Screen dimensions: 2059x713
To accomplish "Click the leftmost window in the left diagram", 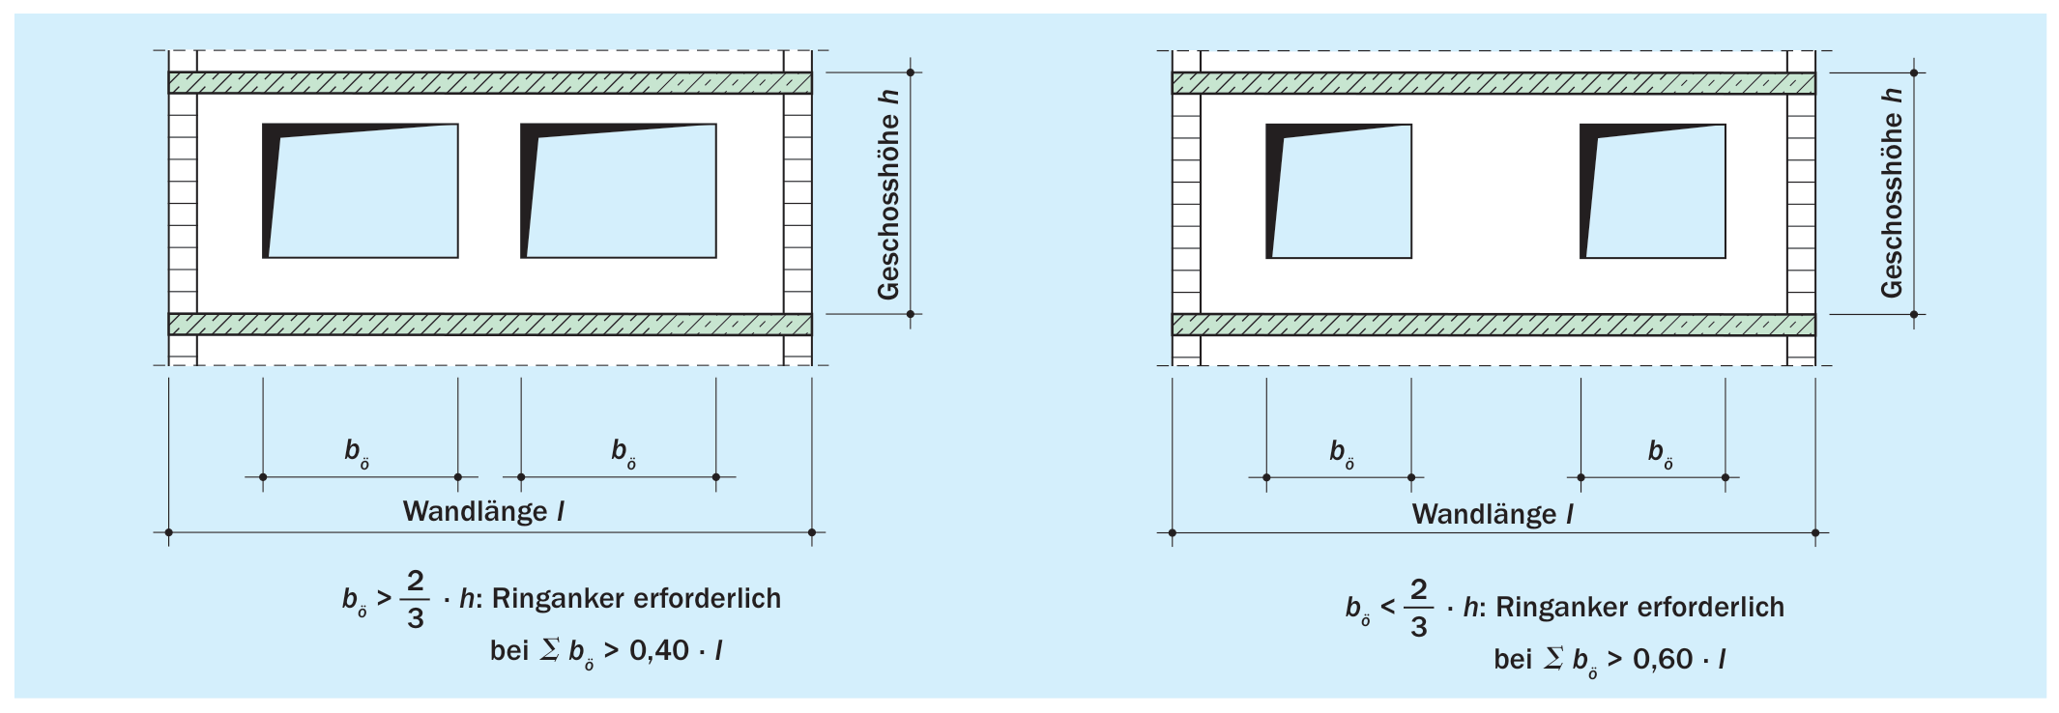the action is pyautogui.click(x=361, y=190).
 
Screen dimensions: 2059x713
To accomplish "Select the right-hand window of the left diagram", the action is pyautogui.click(x=619, y=190).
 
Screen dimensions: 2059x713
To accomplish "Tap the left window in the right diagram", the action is pyautogui.click(x=1339, y=191).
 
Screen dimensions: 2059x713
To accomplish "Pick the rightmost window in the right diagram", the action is pyautogui.click(x=1653, y=191).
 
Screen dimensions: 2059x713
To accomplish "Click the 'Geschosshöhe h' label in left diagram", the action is pyautogui.click(x=888, y=194).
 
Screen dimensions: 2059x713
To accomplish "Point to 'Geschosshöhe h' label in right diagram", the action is pyautogui.click(x=1892, y=192).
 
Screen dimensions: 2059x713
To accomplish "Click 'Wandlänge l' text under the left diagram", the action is pyautogui.click(x=483, y=511).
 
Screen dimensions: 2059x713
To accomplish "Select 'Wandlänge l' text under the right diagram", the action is pyautogui.click(x=1493, y=514).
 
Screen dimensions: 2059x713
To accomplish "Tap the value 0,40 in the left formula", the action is pyautogui.click(x=659, y=650).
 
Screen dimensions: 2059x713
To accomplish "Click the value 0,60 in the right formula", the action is pyautogui.click(x=1663, y=659).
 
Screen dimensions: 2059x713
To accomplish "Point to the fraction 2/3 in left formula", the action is pyautogui.click(x=416, y=599).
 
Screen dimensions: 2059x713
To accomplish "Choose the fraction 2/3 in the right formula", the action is pyautogui.click(x=1419, y=608).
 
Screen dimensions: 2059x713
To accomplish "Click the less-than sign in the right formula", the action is pyautogui.click(x=1388, y=608).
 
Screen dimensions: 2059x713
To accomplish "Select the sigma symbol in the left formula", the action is pyautogui.click(x=550, y=649).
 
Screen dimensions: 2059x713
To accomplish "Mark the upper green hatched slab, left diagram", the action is pyautogui.click(x=490, y=83).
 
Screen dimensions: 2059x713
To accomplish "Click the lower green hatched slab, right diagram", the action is pyautogui.click(x=1493, y=325).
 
